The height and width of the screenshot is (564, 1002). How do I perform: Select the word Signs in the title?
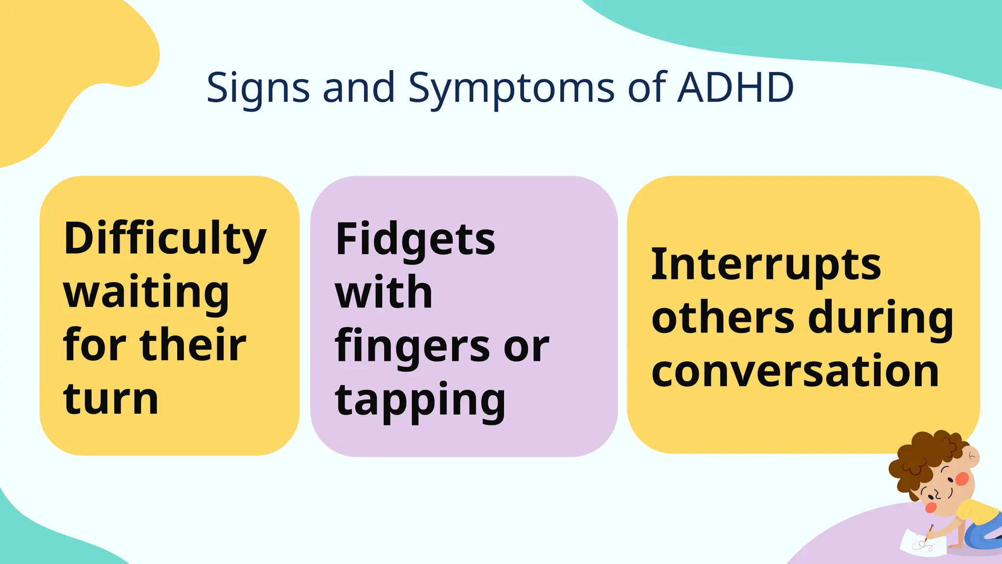coord(258,88)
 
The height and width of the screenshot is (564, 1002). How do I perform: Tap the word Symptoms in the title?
coord(511,88)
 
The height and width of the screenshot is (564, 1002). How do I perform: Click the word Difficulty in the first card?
coord(165,240)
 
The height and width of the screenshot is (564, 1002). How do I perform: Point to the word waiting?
coord(146,293)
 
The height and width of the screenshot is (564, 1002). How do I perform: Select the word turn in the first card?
coord(111,399)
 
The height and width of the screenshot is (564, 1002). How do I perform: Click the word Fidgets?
coord(415,240)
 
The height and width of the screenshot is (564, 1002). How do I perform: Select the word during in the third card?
coord(881,318)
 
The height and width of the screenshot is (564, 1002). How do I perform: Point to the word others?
coord(723,318)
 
